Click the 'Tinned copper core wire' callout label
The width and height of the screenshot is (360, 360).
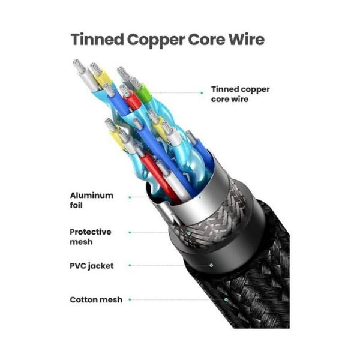(240, 94)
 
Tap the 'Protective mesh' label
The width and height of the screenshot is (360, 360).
(91, 236)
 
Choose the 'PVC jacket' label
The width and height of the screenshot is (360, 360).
(91, 266)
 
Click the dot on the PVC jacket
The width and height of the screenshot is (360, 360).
(211, 265)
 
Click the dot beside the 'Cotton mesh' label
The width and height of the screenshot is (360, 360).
(130, 299)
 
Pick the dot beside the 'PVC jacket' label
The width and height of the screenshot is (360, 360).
(130, 265)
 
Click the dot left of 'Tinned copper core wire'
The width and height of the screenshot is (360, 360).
(202, 94)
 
